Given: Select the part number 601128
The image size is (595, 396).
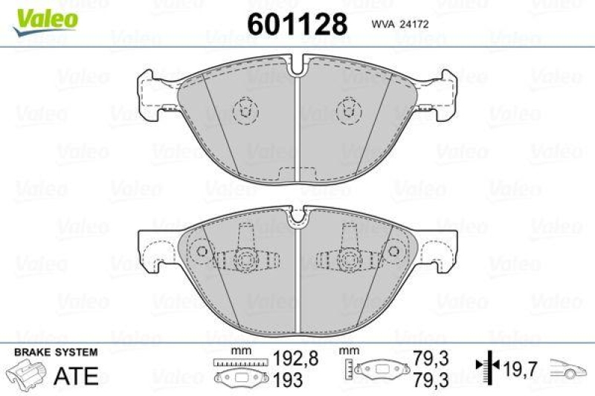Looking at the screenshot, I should pos(297,25).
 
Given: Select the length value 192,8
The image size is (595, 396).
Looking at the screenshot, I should pos(297,358).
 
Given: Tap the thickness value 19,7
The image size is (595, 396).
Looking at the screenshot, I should pos(521,366).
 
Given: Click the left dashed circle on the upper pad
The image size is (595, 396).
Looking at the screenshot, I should pos(244,112).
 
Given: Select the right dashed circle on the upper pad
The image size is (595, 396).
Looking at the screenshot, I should pos(347,112).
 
